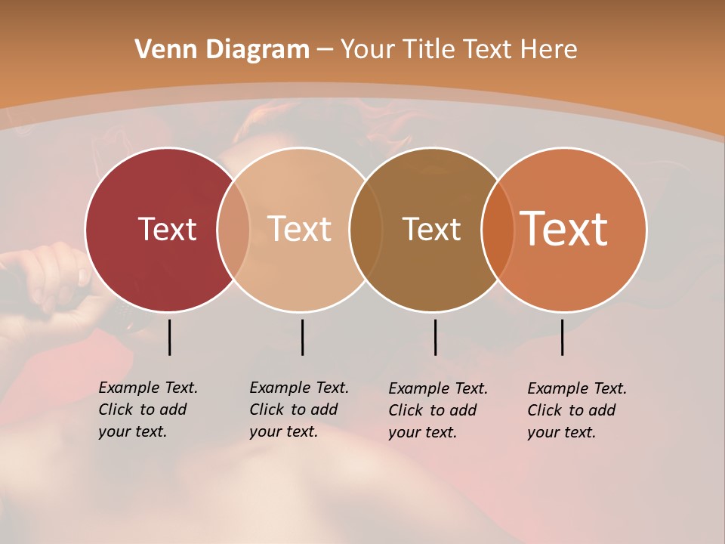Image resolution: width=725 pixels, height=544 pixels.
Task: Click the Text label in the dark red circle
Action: pyautogui.click(x=167, y=229)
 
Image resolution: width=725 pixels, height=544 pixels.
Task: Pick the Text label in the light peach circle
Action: pyautogui.click(x=300, y=229)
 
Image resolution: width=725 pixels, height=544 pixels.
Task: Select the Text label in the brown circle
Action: pyautogui.click(x=432, y=229)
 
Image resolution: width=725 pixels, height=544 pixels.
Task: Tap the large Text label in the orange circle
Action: pyautogui.click(x=564, y=229)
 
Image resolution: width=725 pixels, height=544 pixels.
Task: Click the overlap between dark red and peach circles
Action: pyautogui.click(x=233, y=229)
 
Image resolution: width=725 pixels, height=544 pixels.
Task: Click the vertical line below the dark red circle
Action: pyautogui.click(x=169, y=337)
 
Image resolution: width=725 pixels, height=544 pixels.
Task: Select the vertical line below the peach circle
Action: pyautogui.click(x=302, y=337)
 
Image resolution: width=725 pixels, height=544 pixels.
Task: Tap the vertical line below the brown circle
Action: pyautogui.click(x=435, y=337)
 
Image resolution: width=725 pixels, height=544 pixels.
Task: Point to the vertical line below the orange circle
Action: pyautogui.click(x=563, y=337)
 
